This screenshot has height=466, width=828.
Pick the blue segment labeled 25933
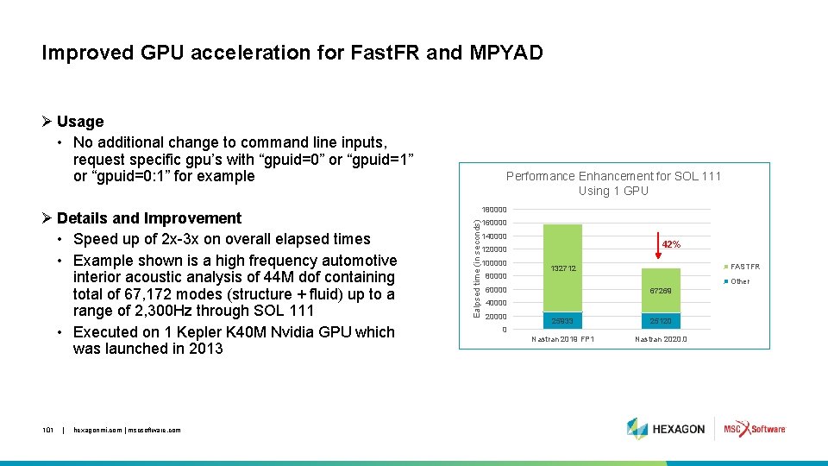point(562,321)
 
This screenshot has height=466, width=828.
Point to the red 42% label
point(671,245)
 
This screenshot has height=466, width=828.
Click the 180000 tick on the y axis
point(494,210)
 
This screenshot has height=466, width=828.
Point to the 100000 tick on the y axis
point(494,263)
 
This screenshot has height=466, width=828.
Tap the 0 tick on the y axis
point(505,330)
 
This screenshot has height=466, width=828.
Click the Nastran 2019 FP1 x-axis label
point(562,339)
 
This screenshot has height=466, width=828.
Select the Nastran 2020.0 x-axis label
point(661,339)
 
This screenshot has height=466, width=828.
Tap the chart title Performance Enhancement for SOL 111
point(613,176)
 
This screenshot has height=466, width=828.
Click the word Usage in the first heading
point(80,122)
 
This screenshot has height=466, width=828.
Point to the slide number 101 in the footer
point(49,430)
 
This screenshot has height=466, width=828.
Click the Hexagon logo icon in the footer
point(637,429)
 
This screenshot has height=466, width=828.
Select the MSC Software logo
point(755,429)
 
